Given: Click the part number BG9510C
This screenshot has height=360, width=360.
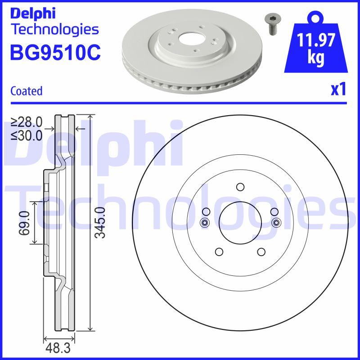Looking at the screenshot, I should pyautogui.click(x=55, y=52).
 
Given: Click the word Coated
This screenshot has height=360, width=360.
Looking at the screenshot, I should pyautogui.click(x=26, y=91).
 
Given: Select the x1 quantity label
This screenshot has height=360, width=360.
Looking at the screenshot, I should pyautogui.click(x=338, y=90).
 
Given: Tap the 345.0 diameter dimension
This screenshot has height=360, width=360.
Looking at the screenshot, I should pyautogui.click(x=100, y=223).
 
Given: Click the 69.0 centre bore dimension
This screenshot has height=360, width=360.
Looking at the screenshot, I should pyautogui.click(x=25, y=223).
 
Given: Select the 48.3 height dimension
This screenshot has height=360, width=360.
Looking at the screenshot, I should pyautogui.click(x=58, y=348).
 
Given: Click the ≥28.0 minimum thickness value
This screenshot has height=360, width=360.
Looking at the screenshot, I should pyautogui.click(x=27, y=122).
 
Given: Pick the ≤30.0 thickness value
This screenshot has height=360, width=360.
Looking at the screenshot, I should pyautogui.click(x=27, y=134).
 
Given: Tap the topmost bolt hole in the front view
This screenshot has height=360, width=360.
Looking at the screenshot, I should pyautogui.click(x=240, y=187).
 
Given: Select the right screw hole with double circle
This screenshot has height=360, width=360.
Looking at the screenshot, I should pyautogui.click(x=276, y=222).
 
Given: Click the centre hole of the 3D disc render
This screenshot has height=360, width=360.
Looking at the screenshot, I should pyautogui.click(x=185, y=39).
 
